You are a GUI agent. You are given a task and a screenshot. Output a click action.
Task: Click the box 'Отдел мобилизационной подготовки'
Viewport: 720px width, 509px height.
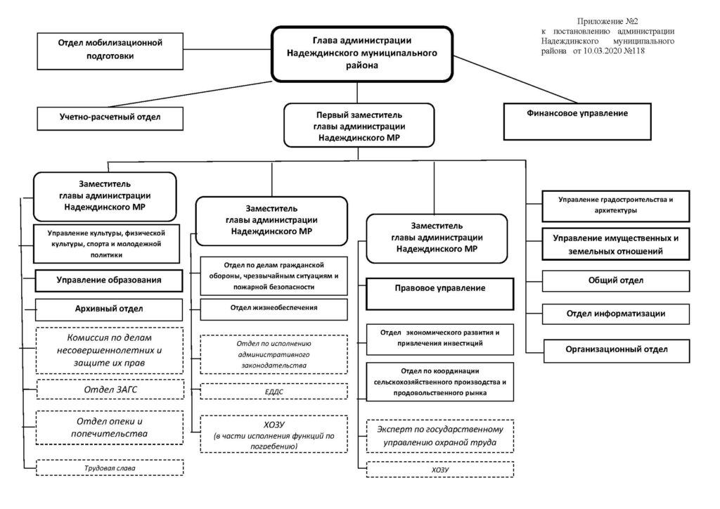(110, 51)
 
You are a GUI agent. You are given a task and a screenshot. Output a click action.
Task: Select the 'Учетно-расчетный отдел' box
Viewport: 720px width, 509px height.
(110, 118)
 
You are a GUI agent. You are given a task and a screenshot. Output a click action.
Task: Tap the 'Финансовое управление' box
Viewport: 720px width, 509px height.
(577, 122)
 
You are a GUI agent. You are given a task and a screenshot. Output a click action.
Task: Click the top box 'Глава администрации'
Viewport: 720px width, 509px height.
(362, 54)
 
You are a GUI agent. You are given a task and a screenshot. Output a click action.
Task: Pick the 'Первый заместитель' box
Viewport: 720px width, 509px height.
(359, 125)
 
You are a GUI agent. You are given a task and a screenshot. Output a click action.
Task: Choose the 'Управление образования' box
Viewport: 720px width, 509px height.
(109, 281)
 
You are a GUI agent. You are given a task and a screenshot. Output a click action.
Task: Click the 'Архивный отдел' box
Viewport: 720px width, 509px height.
(109, 310)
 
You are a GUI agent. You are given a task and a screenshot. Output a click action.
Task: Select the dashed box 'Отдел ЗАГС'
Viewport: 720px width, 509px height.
(110, 389)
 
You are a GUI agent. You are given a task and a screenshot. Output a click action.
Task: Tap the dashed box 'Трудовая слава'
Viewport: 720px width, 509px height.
(110, 468)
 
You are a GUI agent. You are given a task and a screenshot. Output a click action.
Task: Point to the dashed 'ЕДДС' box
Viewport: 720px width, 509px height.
(274, 392)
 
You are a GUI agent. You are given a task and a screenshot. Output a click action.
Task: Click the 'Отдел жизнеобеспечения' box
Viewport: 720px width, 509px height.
(274, 309)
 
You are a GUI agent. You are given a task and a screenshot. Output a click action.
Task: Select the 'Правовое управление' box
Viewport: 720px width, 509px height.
(440, 294)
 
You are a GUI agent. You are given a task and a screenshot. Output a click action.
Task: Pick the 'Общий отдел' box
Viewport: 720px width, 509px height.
(616, 281)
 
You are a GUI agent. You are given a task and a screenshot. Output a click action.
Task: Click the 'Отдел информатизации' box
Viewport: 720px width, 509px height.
(616, 314)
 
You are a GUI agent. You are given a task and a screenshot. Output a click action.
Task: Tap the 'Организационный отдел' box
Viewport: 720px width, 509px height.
(617, 351)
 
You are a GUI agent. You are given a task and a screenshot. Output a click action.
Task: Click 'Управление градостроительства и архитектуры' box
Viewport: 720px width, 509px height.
(616, 206)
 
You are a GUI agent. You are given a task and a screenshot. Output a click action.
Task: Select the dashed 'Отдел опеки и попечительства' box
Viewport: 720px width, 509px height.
(109, 427)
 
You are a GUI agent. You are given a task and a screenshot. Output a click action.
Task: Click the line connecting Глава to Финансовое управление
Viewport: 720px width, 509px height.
(515, 79)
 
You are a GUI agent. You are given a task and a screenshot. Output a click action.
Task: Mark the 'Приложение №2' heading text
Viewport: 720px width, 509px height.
(607, 21)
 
